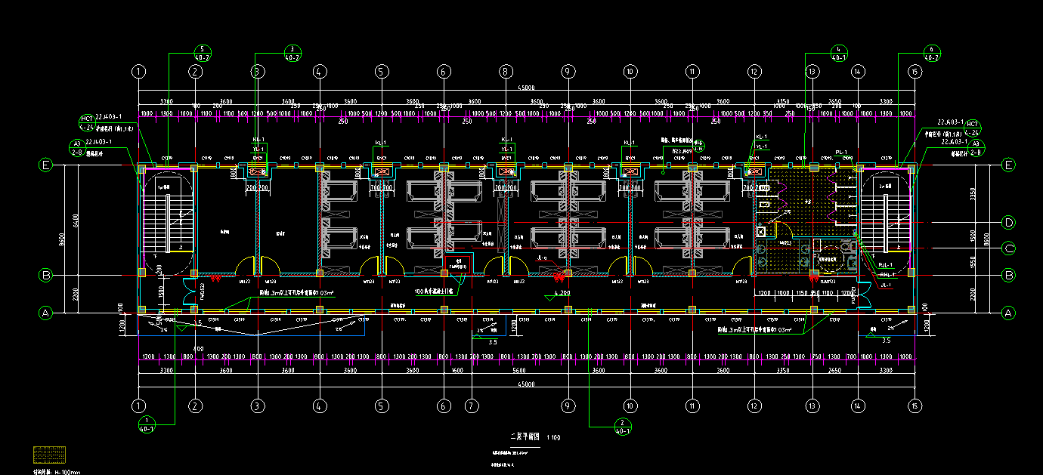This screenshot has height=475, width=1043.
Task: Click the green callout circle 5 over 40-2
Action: point(202,52)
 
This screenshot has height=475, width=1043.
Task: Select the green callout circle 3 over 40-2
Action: point(292,52)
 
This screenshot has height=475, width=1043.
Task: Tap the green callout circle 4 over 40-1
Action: point(839,51)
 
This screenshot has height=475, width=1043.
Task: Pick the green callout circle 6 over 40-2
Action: point(932,52)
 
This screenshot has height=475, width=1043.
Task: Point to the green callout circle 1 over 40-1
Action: point(147,424)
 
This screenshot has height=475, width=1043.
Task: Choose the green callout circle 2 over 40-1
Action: point(623,426)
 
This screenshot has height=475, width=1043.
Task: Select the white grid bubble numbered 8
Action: point(506,72)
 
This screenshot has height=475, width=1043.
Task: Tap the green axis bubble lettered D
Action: point(1007,222)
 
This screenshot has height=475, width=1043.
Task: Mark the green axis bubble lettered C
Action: point(1007,248)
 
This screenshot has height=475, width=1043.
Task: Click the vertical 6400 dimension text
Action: point(76,219)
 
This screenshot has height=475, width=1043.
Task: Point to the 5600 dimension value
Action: point(518,371)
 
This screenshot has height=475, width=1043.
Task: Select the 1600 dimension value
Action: point(457,371)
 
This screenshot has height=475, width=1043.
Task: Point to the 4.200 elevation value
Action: point(561,291)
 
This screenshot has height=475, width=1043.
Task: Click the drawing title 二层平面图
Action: point(525,436)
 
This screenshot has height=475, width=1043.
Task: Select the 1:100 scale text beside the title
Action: point(554,437)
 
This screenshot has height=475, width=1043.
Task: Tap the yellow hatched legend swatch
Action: point(50,455)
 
